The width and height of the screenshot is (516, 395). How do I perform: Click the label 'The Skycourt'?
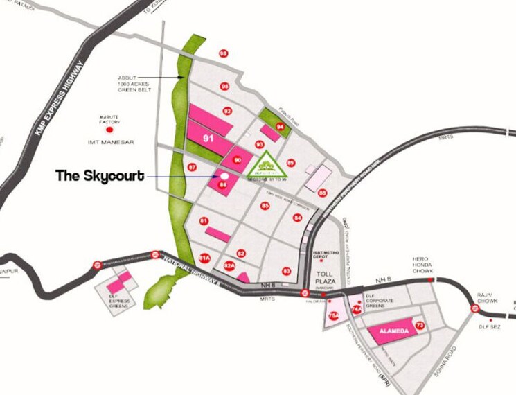(x=100, y=176)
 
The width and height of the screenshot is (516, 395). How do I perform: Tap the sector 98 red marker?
(x=223, y=53)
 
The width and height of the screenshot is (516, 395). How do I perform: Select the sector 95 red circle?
(x=224, y=86)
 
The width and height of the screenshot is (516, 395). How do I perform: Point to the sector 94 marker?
(x=280, y=127)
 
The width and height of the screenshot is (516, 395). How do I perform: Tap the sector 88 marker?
(x=322, y=193)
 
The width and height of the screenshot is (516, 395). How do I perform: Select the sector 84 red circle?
(x=297, y=218)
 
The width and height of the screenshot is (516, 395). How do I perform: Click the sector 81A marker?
(x=204, y=258)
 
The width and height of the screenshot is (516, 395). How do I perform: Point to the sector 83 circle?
(x=286, y=271)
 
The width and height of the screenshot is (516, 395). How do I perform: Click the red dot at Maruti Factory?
(x=107, y=129)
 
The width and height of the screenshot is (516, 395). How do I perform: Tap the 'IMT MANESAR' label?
(x=111, y=143)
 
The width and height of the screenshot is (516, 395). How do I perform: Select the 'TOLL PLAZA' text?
(x=325, y=269)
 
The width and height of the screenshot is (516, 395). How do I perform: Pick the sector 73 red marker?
(x=420, y=325)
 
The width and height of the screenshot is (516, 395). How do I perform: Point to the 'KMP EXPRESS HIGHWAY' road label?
(x=60, y=96)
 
